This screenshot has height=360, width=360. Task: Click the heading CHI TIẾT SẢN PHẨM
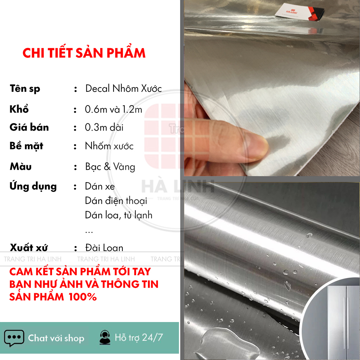[x=84, y=53]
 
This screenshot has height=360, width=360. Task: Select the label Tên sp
[x=25, y=89]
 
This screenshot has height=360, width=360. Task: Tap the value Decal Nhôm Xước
[x=123, y=89]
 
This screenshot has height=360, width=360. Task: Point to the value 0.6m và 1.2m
[x=114, y=109]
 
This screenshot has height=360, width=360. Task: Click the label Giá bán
[x=29, y=127]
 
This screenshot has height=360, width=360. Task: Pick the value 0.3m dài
[x=104, y=127]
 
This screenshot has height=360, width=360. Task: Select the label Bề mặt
[x=26, y=146]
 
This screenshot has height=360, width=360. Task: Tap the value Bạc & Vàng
[x=110, y=167]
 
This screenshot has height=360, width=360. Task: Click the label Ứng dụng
[x=33, y=186]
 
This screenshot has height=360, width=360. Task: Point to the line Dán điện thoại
[x=116, y=201]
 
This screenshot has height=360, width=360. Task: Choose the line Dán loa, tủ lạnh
[x=118, y=215]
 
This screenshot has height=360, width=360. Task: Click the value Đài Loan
[x=104, y=248]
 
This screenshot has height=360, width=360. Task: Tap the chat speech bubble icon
[x=14, y=338]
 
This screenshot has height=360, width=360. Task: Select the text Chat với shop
[x=56, y=338]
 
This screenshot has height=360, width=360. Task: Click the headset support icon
[x=105, y=338]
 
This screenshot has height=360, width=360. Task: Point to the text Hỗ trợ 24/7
[x=139, y=338]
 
